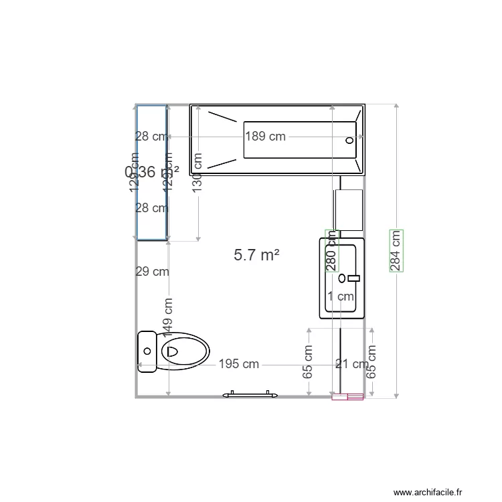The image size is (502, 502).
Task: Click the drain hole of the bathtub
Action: point(349,141)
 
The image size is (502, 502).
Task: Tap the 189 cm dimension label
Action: point(265,137)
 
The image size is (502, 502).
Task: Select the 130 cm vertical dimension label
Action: point(197,173)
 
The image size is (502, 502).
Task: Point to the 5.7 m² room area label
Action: point(256,254)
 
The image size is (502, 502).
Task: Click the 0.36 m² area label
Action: point(152,172)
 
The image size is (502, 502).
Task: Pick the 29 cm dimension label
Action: point(152,272)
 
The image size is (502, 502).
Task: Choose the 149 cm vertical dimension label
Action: point(169,317)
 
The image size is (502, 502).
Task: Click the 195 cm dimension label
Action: point(239,364)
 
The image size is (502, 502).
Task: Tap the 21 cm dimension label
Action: point(351,364)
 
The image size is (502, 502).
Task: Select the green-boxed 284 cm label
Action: point(396,250)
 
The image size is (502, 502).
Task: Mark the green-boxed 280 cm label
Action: point(331,250)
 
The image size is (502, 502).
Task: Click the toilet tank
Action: point(147,351)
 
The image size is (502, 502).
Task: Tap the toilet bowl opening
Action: point(171,351)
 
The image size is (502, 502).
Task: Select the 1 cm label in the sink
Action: point(340,296)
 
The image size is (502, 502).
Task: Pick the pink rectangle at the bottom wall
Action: point(348,397)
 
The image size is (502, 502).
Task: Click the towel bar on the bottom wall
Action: point(250,395)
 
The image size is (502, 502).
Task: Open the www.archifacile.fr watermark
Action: point(428,492)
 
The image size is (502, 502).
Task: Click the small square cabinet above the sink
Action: point(348,209)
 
